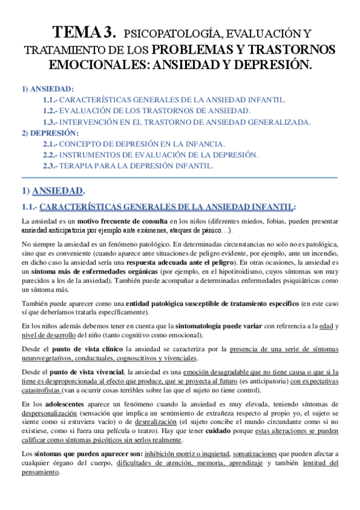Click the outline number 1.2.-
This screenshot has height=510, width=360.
pos(50,111)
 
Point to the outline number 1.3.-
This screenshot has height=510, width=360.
pos(50,122)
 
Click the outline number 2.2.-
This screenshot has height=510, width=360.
pos(50,155)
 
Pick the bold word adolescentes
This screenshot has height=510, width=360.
pos(70,404)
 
